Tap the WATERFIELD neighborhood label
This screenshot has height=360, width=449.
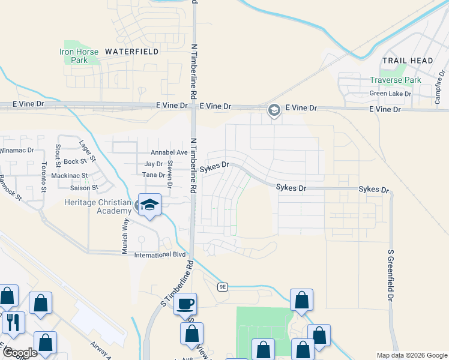132,52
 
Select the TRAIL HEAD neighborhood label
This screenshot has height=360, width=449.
406,61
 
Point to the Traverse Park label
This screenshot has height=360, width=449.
396,80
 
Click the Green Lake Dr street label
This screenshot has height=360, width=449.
390,94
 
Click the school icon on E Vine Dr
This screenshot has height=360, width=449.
274,110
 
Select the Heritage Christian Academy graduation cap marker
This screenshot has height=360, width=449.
149,205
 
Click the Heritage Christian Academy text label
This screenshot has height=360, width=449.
98,206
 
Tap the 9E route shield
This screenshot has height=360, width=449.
223,287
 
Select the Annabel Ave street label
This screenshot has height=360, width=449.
169,152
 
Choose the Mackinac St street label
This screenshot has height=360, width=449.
70,176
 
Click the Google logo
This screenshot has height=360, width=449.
20,353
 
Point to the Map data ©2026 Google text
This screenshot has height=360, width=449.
411,355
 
